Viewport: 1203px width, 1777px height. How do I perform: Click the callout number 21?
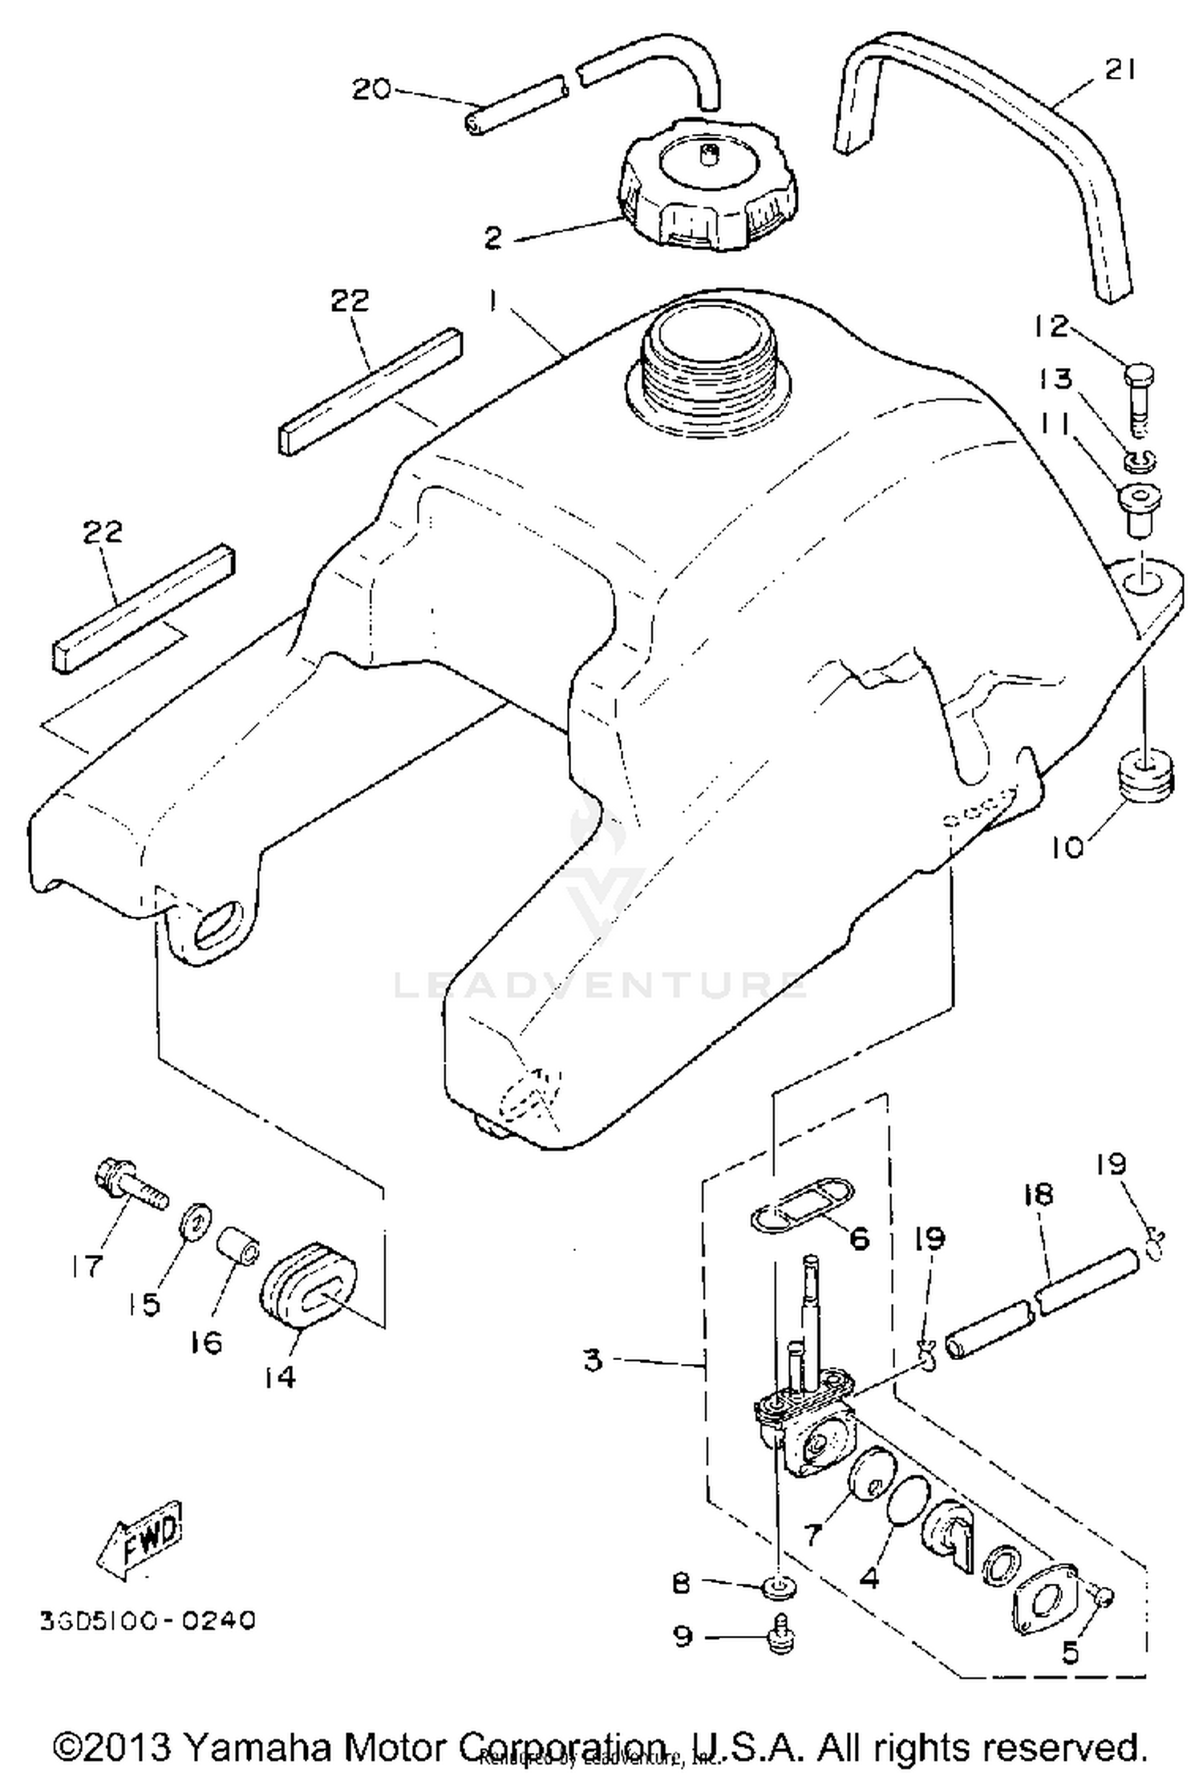pyautogui.click(x=1120, y=71)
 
